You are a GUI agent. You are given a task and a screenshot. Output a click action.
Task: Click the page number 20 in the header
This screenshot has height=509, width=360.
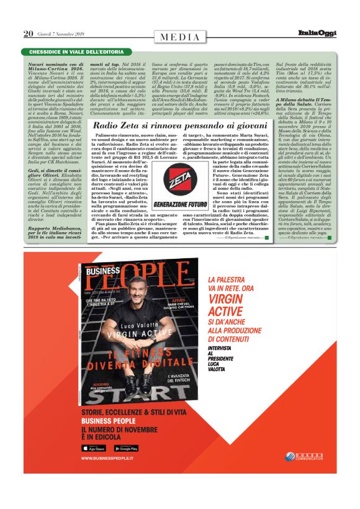tap(28, 34)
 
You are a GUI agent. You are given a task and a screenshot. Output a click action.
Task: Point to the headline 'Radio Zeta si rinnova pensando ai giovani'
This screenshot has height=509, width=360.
tap(179, 126)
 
